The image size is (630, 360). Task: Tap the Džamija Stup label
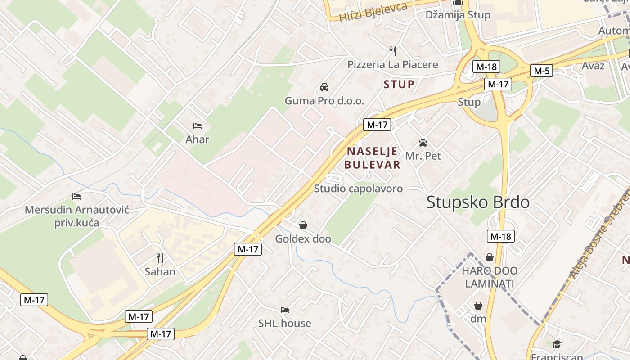tap(458, 15)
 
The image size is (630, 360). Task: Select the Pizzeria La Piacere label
tap(392, 64)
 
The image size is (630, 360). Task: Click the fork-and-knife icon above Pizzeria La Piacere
tap(393, 51)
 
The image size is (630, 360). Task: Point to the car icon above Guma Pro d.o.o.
tap(324, 87)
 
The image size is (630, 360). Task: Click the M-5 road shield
tap(541, 71)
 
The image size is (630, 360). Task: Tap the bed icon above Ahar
tap(197, 126)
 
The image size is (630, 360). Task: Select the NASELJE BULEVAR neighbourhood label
tap(372, 158)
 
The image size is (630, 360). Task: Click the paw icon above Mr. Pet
tap(423, 143)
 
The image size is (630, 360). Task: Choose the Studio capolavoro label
tap(358, 189)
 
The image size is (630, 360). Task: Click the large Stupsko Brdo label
tap(478, 202)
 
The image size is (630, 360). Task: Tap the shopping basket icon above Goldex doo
tap(303, 225)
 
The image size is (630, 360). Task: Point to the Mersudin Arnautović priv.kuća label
tap(77, 216)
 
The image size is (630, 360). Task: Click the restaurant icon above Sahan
tap(160, 258)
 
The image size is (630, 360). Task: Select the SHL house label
tap(284, 323)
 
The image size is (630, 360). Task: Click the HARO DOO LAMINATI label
tap(490, 277)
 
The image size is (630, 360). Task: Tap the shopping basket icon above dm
tap(478, 306)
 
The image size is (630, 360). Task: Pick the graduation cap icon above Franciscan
tap(557, 344)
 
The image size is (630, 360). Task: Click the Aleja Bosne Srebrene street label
tap(600, 234)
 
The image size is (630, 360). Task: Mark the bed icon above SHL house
tap(284, 310)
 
